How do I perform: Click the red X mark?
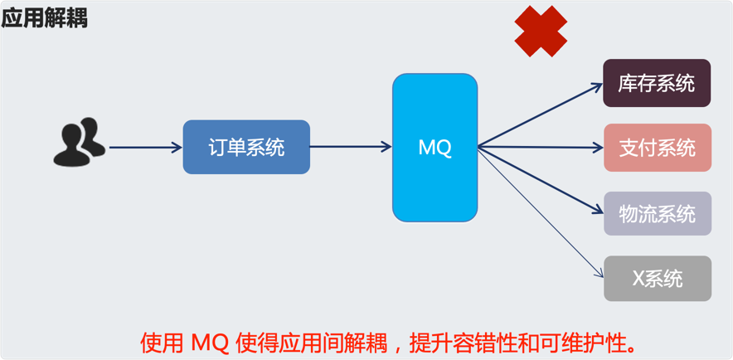coord(541,32)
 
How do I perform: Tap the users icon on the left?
coord(80,142)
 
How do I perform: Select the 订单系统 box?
coord(246,148)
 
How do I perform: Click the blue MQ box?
coord(434,148)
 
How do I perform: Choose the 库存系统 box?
coord(657,83)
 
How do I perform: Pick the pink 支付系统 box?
coord(658,148)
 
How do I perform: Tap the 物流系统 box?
coord(658,213)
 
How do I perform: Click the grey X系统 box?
coord(658,279)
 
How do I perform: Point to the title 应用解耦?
coord(45,19)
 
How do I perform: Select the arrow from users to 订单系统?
coord(145,148)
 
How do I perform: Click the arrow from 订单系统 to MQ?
coord(351,147)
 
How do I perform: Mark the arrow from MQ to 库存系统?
coord(541,115)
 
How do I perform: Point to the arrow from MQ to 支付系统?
coord(541,148)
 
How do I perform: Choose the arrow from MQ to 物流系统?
coord(541,180)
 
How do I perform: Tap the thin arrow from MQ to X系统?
coord(541,213)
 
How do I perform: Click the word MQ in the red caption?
coord(210,343)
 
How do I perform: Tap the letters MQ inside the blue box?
coord(434,148)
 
